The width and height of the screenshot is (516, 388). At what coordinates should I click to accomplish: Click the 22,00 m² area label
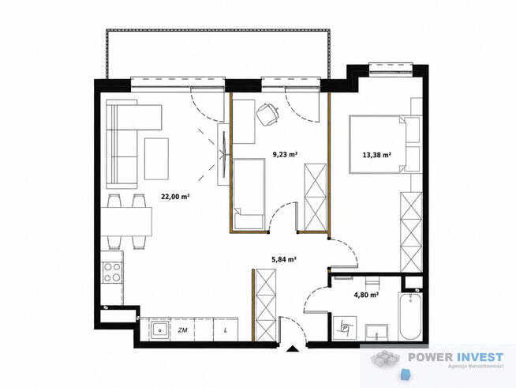click(x=175, y=197)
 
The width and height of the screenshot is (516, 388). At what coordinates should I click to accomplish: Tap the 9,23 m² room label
click(x=285, y=154)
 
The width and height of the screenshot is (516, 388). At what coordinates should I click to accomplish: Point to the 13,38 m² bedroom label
click(x=377, y=154)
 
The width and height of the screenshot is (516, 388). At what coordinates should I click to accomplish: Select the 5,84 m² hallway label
click(x=284, y=259)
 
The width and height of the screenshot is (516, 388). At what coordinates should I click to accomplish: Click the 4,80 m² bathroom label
click(x=366, y=295)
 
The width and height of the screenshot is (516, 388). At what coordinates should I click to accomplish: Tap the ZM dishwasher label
click(x=182, y=330)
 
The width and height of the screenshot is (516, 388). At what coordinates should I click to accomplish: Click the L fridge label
click(x=226, y=330)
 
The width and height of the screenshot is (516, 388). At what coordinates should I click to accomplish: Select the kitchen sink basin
click(x=161, y=330)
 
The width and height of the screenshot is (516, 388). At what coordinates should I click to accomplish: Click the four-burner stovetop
click(x=112, y=273)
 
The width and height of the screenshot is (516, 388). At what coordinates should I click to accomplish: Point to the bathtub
click(x=409, y=316)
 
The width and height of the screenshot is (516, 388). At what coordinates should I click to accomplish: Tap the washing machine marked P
click(x=345, y=328)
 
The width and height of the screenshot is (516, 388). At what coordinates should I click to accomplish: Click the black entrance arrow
click(x=292, y=349)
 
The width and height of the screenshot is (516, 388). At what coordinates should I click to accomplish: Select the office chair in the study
click(x=268, y=114)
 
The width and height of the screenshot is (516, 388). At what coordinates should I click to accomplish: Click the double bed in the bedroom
click(x=386, y=144)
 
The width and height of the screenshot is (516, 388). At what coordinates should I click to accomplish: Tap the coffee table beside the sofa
click(x=157, y=159)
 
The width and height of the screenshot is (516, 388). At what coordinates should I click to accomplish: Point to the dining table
click(x=126, y=221)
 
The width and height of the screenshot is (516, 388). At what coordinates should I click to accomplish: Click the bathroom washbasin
click(x=377, y=332)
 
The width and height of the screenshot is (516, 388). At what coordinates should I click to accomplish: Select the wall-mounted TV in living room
click(x=224, y=154)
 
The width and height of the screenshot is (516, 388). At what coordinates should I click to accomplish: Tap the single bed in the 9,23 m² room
click(x=249, y=194)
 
